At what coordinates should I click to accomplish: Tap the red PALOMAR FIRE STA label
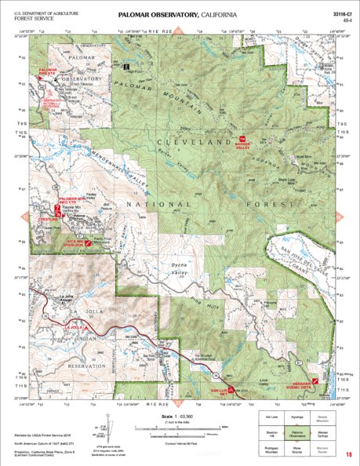coord(49,71)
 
